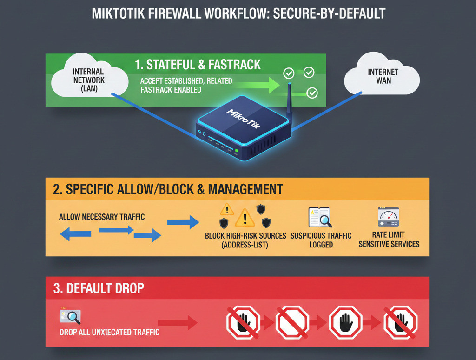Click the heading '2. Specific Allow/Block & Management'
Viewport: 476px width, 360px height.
168,189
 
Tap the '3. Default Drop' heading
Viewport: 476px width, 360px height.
99,288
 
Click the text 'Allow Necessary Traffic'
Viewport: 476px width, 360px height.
102,217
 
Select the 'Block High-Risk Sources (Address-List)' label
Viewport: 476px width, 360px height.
245,240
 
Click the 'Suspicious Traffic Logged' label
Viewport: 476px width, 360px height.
321,240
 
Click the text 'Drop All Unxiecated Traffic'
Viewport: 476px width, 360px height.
109,333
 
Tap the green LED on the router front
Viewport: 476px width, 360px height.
236,151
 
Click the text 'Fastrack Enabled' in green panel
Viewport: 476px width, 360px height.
171,89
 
